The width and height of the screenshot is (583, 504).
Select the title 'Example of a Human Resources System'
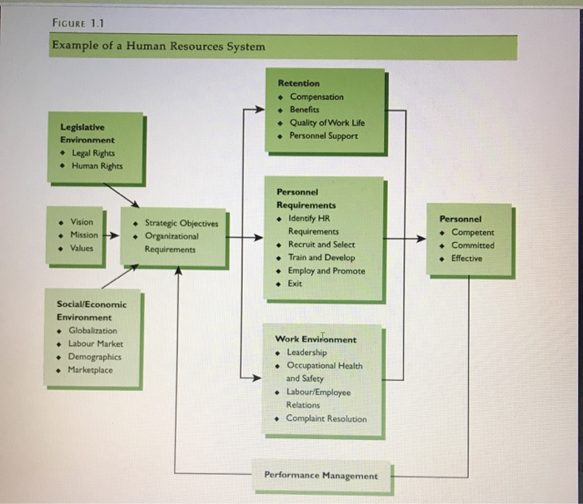pos(158,46)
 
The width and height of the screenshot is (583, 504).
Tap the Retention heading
pos(299,83)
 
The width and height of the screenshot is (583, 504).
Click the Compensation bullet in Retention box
pos(316,96)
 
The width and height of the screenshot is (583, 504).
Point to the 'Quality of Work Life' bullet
pos(326,122)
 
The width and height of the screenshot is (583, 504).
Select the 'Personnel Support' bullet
pos(323,135)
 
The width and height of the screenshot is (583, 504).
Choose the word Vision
pos(82,222)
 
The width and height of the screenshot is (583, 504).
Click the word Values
pos(82,248)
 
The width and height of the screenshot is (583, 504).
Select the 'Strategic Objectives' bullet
pos(181,223)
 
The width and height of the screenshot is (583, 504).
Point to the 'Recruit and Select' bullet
pos(321,245)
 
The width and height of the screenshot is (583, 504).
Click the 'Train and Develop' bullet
pos(321,258)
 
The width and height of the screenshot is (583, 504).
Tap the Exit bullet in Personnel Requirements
pos(295,284)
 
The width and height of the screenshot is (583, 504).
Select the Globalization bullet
pos(92,330)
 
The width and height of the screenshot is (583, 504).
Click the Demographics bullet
pos(94,357)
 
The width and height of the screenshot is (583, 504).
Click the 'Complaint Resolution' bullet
pos(326,418)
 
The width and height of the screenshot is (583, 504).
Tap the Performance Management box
pos(321,476)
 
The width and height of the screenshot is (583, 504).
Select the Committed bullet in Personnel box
pos(472,245)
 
